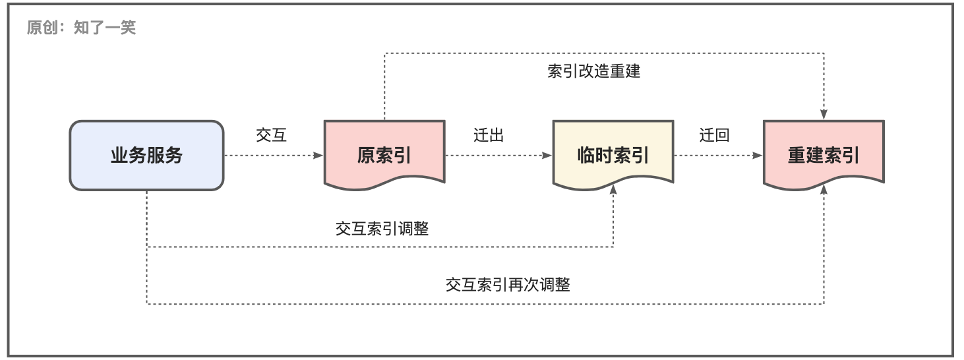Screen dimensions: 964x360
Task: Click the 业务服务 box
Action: coord(147,155)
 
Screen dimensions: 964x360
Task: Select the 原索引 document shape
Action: coord(384,155)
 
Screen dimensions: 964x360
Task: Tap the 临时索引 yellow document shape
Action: coord(613,155)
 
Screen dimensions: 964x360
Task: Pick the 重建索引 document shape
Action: coord(824,155)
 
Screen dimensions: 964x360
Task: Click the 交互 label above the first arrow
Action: coord(271,135)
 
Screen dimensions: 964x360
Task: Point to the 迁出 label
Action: coord(489,135)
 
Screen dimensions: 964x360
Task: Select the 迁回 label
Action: coord(714,135)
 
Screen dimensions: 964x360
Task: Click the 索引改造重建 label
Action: coord(593,71)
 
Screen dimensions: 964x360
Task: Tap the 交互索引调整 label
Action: coord(382,228)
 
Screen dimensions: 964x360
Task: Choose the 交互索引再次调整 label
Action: coord(508,285)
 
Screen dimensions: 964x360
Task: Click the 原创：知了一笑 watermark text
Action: coord(81,28)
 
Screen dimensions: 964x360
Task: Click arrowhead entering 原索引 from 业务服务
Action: coord(318,155)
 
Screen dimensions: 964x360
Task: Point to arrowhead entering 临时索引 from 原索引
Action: coord(547,155)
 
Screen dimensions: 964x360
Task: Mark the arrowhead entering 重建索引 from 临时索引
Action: coord(758,155)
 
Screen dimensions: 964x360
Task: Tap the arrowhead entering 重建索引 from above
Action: coord(824,115)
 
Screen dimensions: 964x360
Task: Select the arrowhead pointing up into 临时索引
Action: coord(613,189)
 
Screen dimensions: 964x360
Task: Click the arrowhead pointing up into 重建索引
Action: coord(824,189)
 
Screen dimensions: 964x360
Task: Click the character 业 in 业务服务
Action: coord(119,155)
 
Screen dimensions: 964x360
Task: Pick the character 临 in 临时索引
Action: coord(586,155)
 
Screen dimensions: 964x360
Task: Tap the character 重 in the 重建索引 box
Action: coord(797,155)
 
